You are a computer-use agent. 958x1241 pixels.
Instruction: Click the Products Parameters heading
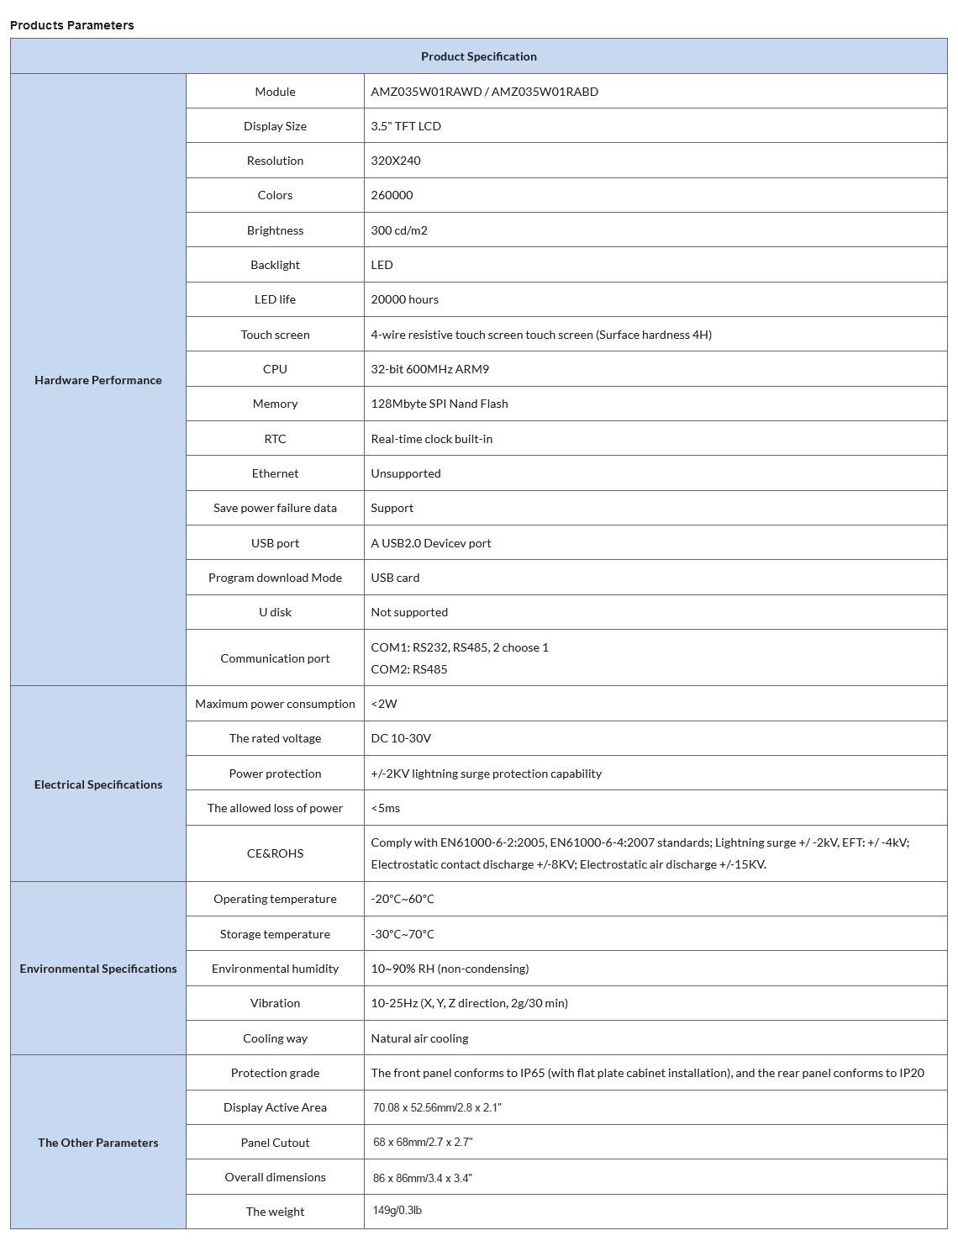(72, 25)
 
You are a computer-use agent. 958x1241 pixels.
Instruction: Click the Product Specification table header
(478, 56)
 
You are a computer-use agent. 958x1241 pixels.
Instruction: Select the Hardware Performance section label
(97, 380)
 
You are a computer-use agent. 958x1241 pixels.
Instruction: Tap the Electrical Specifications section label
(97, 784)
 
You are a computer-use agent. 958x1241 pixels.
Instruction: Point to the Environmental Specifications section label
(97, 969)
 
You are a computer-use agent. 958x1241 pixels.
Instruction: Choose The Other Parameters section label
(97, 1143)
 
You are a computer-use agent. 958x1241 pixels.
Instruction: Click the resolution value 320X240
(396, 161)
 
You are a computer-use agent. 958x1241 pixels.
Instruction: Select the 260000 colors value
(392, 195)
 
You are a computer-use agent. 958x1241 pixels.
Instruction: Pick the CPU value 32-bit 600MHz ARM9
(429, 369)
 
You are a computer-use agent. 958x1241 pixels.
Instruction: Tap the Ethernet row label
(275, 473)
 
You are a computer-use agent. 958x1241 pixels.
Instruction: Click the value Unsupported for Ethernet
(406, 473)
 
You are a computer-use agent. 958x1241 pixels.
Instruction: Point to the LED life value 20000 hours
(404, 299)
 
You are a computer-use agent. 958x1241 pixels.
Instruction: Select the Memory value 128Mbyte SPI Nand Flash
(440, 404)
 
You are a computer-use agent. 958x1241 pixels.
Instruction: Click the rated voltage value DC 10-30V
(401, 738)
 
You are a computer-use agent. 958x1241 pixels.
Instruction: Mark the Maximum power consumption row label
(275, 704)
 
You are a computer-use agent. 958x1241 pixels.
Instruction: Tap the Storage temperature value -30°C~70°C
(403, 934)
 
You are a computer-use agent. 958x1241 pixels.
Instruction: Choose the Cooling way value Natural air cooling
(419, 1038)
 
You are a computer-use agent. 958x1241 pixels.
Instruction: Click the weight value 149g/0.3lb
(397, 1211)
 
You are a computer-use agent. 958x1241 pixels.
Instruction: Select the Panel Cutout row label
(275, 1143)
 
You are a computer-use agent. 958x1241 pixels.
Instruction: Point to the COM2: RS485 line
(409, 669)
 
